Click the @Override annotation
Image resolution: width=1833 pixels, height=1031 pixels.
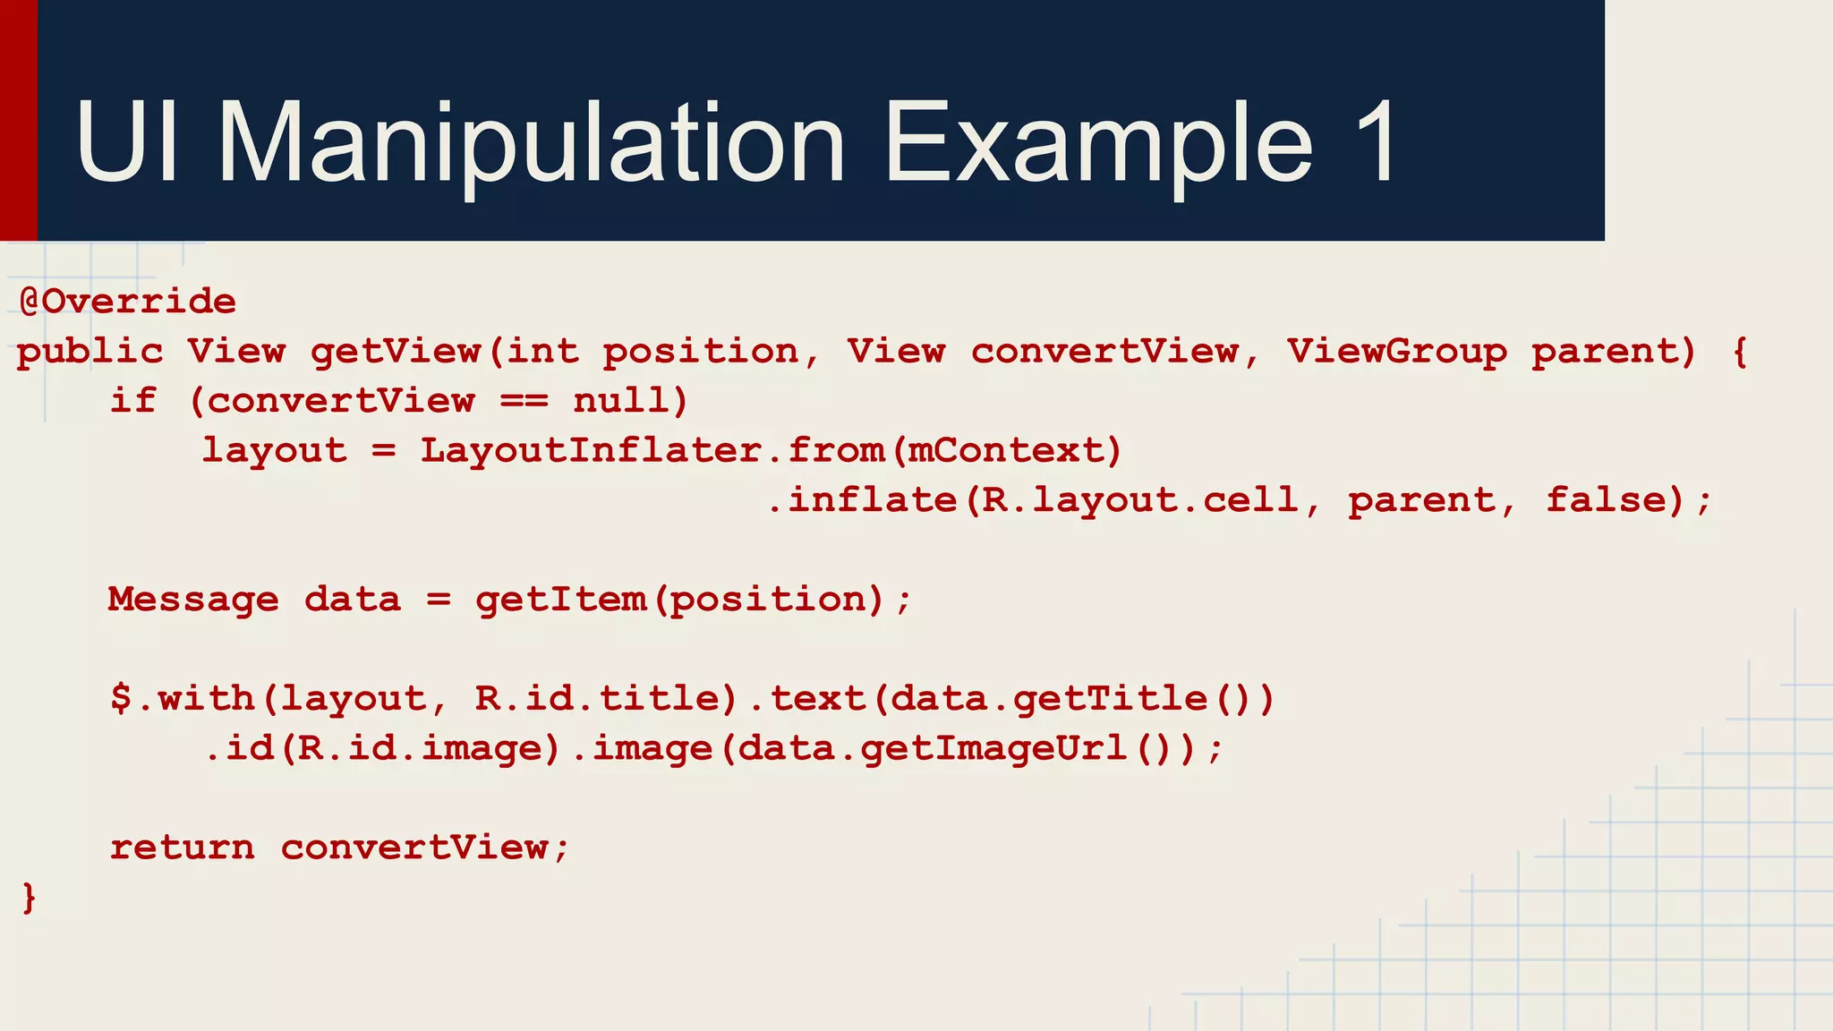coord(127,302)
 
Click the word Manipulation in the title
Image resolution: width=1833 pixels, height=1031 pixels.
coord(532,143)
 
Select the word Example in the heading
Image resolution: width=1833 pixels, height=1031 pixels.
coord(1098,143)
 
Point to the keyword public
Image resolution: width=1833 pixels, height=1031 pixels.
coord(90,352)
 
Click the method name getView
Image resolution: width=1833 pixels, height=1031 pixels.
coord(396,352)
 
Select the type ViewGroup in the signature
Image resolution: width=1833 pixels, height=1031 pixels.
coord(1396,352)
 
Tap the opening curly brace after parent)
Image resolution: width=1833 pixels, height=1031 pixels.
coord(1740,352)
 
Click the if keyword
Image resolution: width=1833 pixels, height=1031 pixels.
coord(133,401)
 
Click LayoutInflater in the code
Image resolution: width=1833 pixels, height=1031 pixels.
coord(592,450)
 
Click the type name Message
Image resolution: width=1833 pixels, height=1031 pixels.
coord(193,600)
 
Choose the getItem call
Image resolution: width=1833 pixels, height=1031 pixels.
coord(560,600)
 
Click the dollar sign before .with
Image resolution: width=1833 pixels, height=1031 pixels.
coord(121,698)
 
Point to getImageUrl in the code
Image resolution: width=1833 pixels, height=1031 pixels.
coord(993,748)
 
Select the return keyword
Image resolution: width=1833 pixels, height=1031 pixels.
coord(182,848)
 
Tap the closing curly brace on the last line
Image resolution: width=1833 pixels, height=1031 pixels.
coord(30,897)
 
